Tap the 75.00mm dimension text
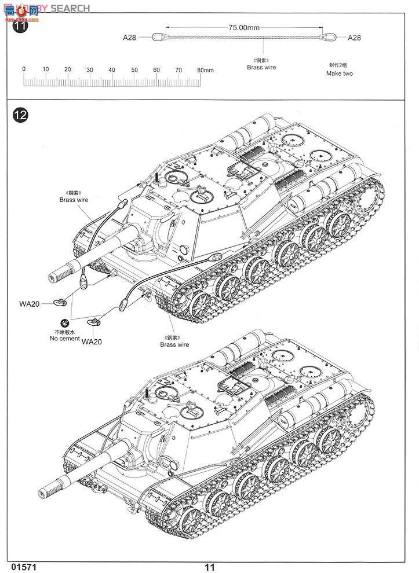[x=244, y=27]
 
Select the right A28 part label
[x=354, y=38]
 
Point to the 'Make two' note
[x=339, y=74]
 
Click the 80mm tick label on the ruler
[x=206, y=70]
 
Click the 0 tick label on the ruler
[x=24, y=69]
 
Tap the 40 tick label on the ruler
[x=112, y=69]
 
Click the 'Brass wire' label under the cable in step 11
[x=261, y=67]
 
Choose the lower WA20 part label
[x=92, y=341]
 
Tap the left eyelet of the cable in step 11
[x=157, y=38]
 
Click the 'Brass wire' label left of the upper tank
[x=73, y=200]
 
